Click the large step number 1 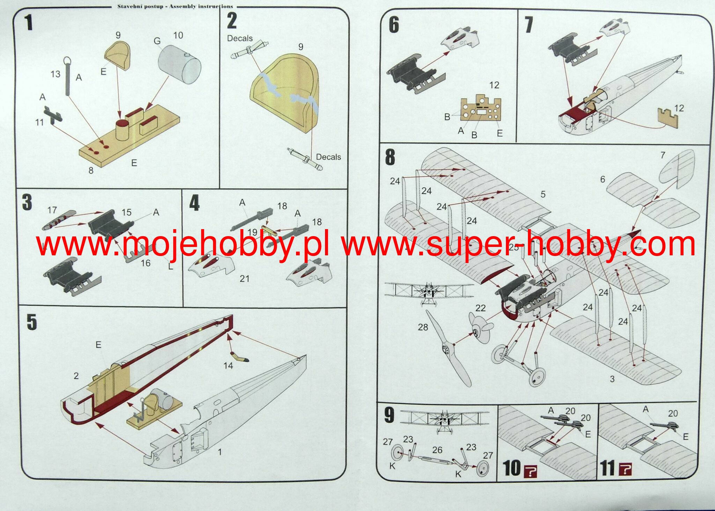[x=29, y=23]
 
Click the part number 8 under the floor [x=91, y=170]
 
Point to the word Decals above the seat [x=239, y=38]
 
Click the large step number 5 [x=31, y=322]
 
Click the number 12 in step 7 [x=679, y=108]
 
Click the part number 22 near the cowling [x=480, y=308]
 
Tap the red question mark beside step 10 [x=530, y=470]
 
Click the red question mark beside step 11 [x=625, y=469]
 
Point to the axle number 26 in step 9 [x=437, y=450]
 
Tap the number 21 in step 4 [x=244, y=278]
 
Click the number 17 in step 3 [x=52, y=210]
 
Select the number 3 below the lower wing [x=612, y=379]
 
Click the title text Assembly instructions [x=201, y=6]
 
